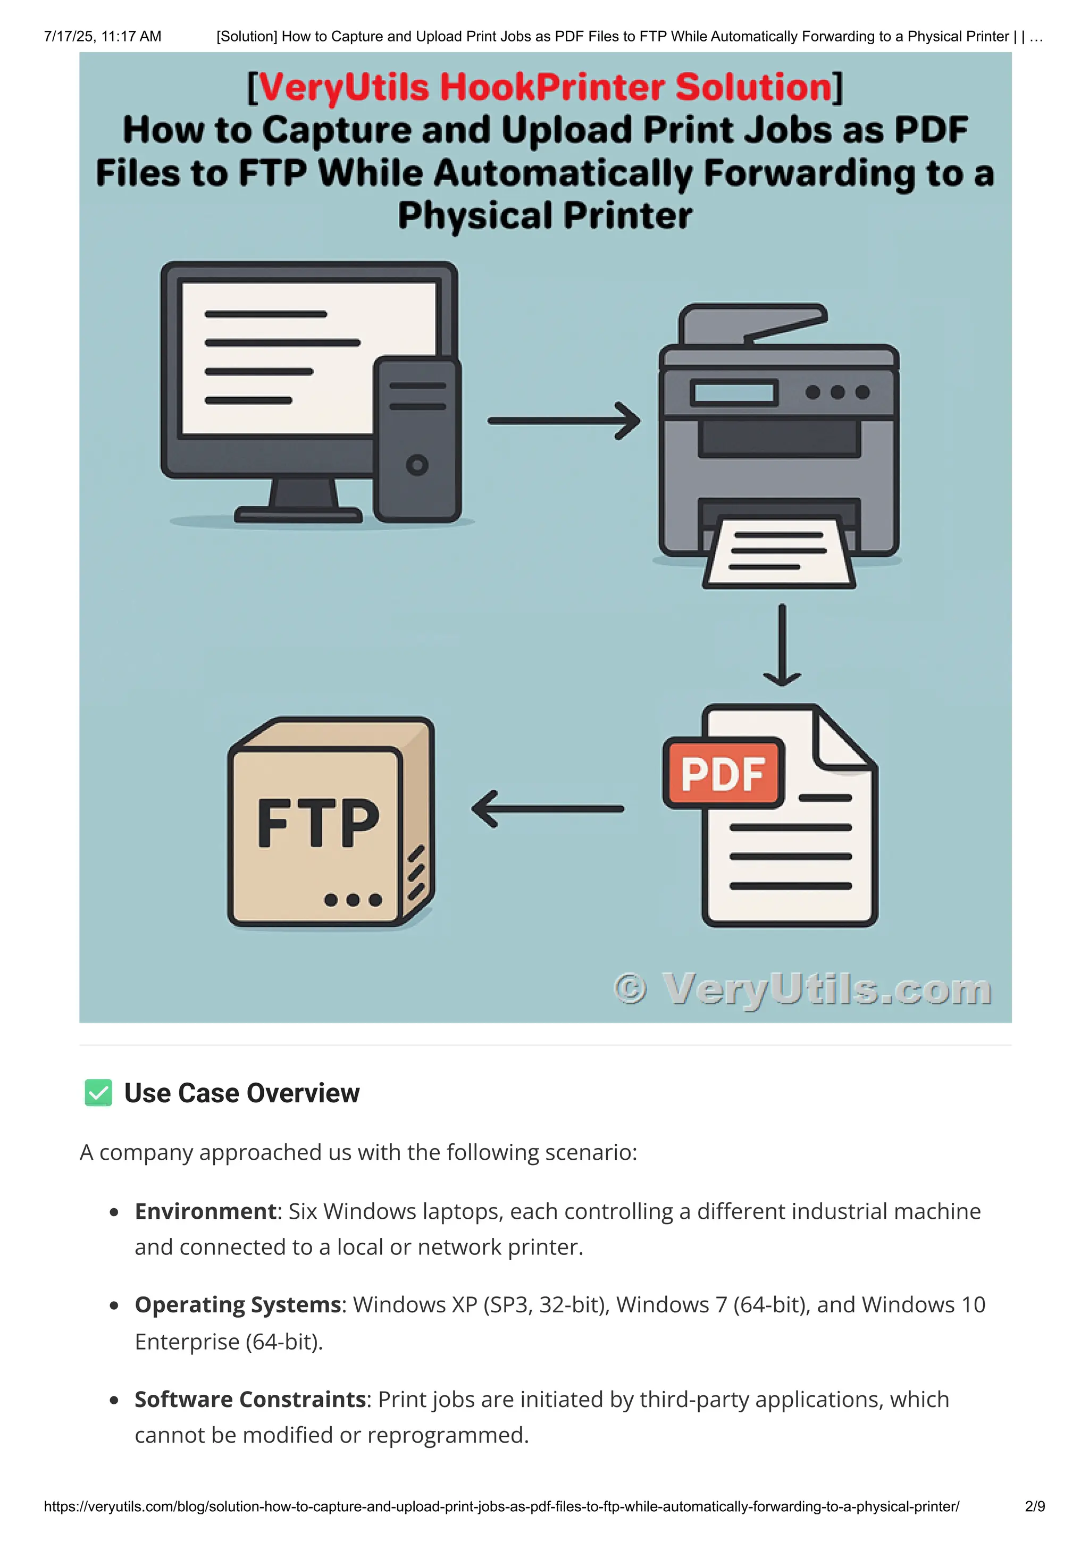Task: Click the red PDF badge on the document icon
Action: [x=723, y=773]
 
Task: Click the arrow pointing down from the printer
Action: [x=782, y=644]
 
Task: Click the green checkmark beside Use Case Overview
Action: [x=98, y=1093]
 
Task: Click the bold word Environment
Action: [x=205, y=1211]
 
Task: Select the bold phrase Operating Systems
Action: [x=238, y=1305]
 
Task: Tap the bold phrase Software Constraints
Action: [x=250, y=1400]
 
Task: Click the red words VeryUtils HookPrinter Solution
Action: [x=545, y=87]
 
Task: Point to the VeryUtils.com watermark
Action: [x=802, y=989]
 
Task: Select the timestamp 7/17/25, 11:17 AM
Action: [x=103, y=36]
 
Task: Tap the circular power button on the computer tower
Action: [x=417, y=464]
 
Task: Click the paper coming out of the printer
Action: [x=778, y=552]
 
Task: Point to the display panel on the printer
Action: [x=733, y=392]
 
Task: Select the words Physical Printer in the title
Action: [x=545, y=216]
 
